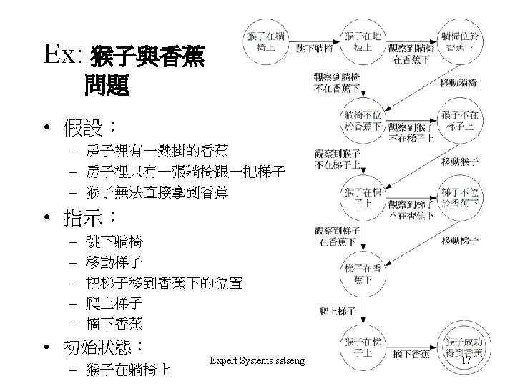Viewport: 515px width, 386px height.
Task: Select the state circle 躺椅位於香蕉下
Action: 462,42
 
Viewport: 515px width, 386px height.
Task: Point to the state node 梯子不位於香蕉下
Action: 462,198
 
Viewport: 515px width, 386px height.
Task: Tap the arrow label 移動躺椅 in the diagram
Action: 461,83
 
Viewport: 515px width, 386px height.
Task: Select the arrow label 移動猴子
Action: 461,162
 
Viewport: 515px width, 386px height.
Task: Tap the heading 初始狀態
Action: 103,348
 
